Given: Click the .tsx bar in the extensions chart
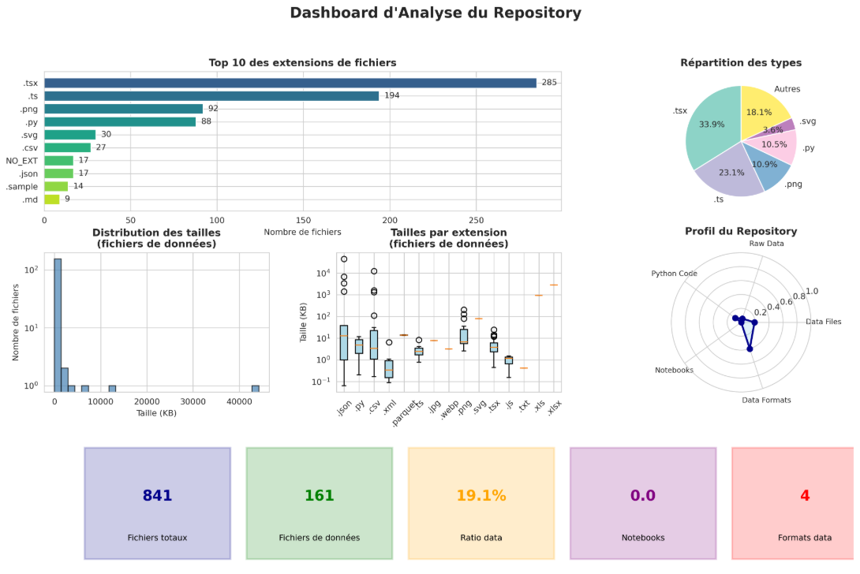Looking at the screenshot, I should tap(290, 83).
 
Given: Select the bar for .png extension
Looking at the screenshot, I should tap(123, 109).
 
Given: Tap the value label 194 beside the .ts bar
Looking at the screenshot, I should tap(392, 95).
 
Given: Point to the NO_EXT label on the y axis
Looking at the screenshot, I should tap(22, 160).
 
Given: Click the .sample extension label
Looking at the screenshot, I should tap(22, 186).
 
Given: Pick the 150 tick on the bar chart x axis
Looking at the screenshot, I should tap(304, 221).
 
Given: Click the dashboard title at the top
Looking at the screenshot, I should tap(436, 13).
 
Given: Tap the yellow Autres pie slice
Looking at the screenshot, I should tap(763, 110).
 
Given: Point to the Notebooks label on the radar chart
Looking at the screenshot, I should tap(674, 370).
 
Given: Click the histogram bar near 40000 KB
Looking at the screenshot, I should tap(256, 388).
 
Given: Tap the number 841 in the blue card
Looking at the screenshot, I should tap(157, 496).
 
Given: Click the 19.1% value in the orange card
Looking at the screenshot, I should tap(480, 496).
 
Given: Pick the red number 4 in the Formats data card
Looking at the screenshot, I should tap(805, 496).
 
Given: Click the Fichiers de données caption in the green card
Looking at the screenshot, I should tap(319, 538).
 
